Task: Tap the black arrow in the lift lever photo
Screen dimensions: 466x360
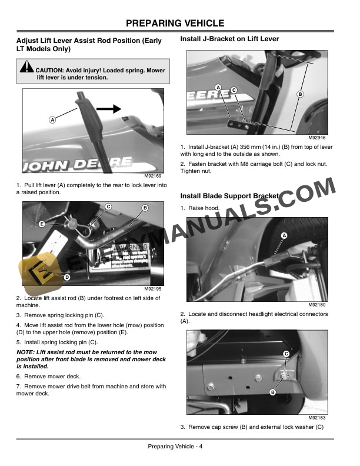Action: coord(108,108)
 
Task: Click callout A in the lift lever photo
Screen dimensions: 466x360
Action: coord(52,119)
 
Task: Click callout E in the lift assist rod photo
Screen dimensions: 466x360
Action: coord(42,224)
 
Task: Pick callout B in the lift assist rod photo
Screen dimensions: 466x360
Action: coord(145,208)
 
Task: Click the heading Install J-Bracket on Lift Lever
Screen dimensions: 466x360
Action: coord(229,39)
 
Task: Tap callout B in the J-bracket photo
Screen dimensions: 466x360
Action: coord(299,94)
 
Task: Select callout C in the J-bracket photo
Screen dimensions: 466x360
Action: coord(234,89)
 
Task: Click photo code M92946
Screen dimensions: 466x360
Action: coord(318,137)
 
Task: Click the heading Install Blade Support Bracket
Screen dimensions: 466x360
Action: coord(229,195)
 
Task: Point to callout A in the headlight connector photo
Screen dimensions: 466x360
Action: coord(284,235)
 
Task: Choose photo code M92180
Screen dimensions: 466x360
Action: coord(318,305)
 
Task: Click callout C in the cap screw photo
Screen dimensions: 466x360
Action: coord(286,353)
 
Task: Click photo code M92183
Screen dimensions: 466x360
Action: coord(318,417)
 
